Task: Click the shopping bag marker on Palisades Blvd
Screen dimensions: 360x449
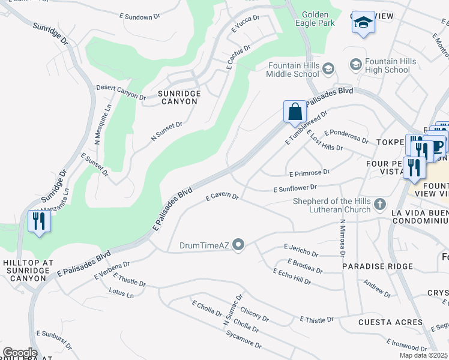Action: (295, 112)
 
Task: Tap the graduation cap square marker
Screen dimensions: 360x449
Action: (363, 23)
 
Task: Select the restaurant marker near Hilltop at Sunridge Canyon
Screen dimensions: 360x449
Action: (39, 221)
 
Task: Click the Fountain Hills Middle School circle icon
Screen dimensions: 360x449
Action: (328, 70)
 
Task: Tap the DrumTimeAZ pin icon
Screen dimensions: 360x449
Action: (238, 244)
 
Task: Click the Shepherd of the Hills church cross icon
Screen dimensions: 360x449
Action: (379, 205)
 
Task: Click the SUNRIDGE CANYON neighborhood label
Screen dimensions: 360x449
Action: (178, 97)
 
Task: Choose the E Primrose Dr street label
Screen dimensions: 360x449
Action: (309, 173)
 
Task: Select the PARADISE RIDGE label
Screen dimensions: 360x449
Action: (378, 266)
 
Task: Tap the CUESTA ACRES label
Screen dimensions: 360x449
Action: (390, 322)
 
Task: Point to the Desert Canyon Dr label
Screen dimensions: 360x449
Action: (121, 91)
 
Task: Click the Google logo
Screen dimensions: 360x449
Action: (19, 353)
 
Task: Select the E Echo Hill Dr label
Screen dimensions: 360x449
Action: (292, 277)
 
